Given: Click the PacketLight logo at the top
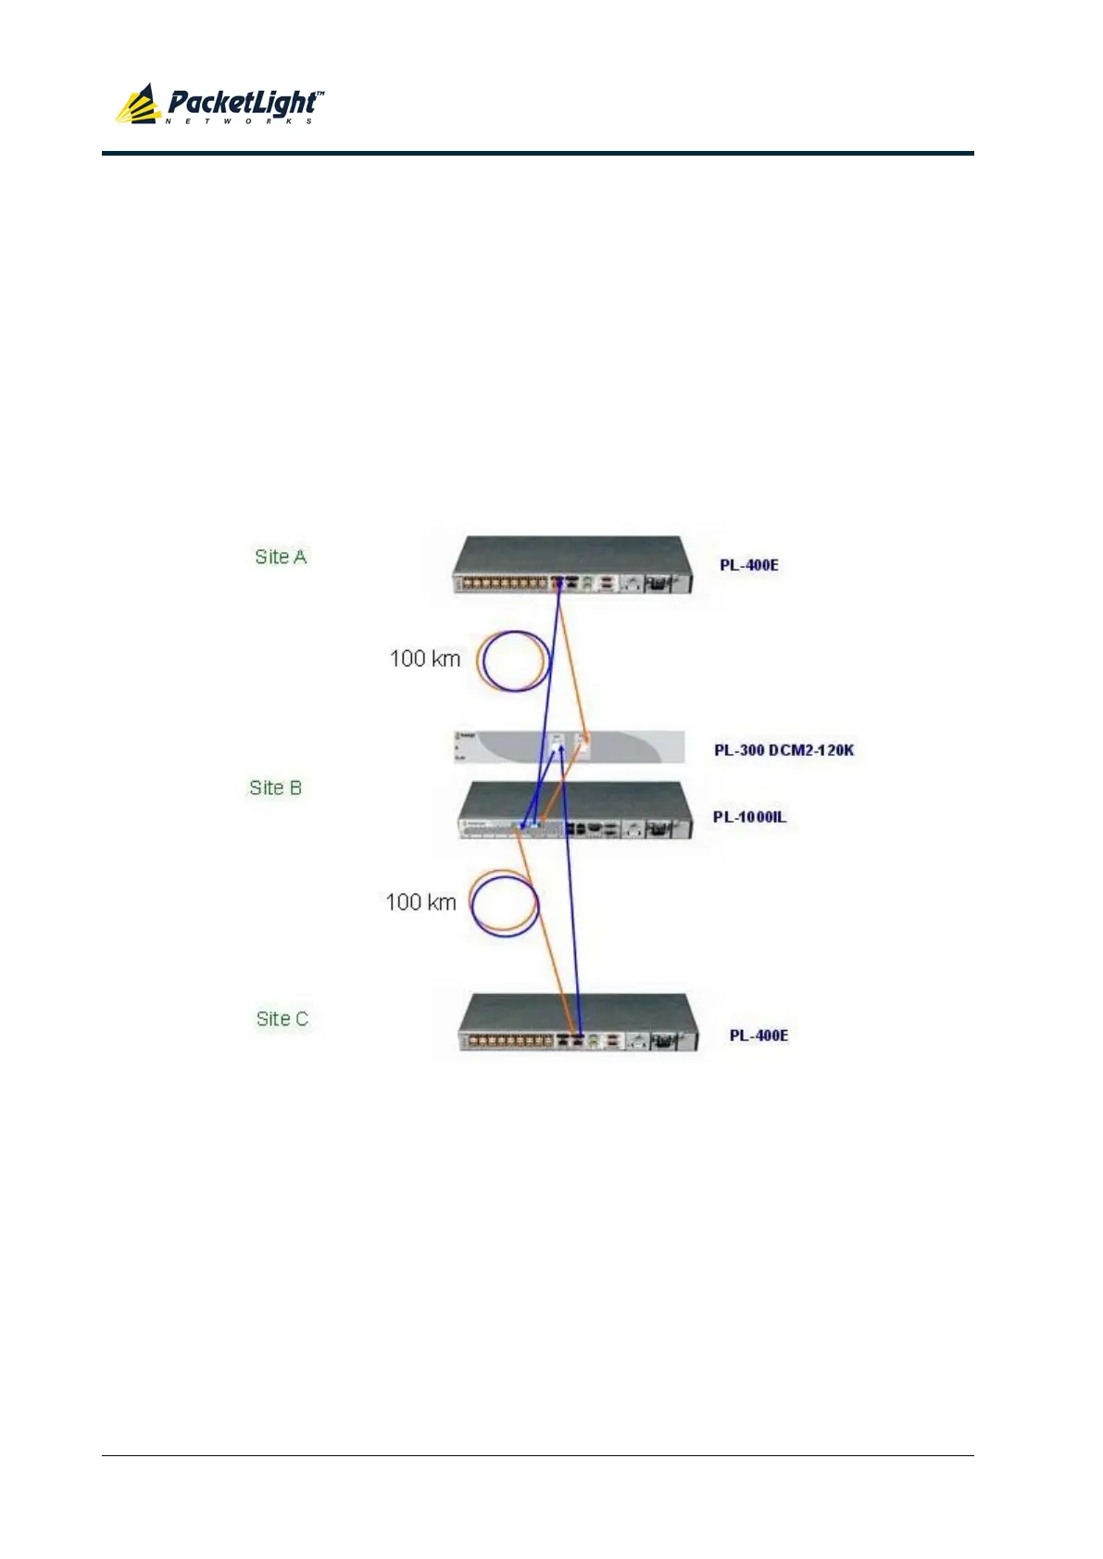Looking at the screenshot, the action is coord(219,104).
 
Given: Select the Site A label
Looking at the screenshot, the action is coord(281,557).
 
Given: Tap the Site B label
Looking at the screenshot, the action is coord(275,787).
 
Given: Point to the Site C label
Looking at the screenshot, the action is coord(282,1019).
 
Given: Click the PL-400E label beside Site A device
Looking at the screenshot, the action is coord(749,565).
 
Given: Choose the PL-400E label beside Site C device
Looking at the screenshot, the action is coord(758,1035).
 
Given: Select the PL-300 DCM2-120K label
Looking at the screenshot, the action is coord(783,750).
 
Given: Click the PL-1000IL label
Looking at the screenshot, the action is coord(749,817).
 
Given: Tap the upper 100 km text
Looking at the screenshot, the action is coord(424,659).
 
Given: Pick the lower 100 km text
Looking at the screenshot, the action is coord(420,902).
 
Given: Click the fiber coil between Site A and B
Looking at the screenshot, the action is coord(513,661).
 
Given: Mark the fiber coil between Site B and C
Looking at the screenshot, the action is coord(504,902).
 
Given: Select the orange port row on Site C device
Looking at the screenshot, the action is coord(507,1041).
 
